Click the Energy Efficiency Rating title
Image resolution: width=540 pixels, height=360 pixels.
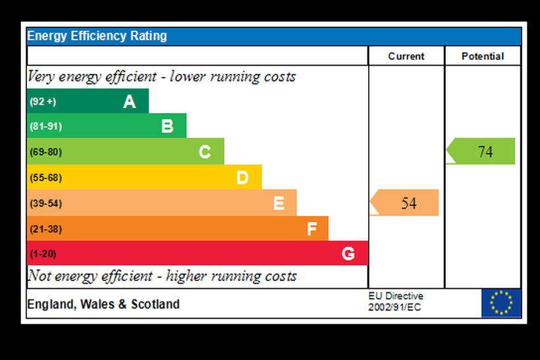pos(97,36)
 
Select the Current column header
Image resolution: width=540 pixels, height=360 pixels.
pos(406,57)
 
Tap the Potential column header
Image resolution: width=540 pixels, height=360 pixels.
pos(483,57)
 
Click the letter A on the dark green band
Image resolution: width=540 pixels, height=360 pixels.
pos(129,101)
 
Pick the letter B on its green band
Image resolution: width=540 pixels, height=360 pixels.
pos(167,126)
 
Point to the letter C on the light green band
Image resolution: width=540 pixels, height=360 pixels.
pos(205,152)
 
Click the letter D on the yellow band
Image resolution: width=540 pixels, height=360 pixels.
pos(242,177)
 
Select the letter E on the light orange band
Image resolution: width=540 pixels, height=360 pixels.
pos(279,203)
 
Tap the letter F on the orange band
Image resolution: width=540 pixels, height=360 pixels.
pos(312,229)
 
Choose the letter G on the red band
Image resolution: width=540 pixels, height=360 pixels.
pos(348,253)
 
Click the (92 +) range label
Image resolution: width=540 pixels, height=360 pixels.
pos(43,101)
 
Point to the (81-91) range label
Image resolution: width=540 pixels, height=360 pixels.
pos(45,126)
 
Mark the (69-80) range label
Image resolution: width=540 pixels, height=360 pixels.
pos(45,152)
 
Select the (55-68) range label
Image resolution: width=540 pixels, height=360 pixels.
pos(45,178)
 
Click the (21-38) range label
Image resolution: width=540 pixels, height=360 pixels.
pos(45,229)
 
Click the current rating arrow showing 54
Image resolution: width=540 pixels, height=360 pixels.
pos(405,203)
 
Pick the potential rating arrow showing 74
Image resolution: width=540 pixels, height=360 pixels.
pos(481,151)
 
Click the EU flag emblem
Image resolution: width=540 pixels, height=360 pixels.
pos(500,303)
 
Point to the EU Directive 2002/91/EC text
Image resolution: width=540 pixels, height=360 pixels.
pos(395,302)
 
